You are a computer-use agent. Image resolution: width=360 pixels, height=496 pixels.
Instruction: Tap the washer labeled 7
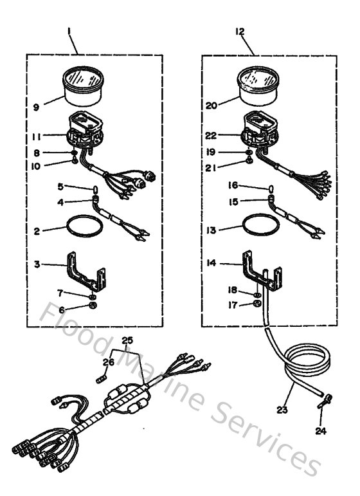coord(93,297)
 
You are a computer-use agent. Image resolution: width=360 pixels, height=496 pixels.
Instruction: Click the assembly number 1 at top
coord(69,30)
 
